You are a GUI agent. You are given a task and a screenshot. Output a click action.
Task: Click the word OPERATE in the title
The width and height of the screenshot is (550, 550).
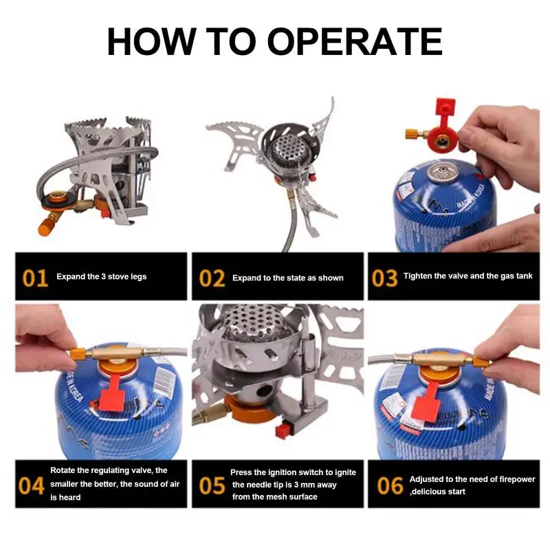point(354,41)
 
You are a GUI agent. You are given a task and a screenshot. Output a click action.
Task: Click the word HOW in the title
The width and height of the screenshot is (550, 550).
point(151,41)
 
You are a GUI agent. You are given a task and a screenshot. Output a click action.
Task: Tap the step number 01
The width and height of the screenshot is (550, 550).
point(35,278)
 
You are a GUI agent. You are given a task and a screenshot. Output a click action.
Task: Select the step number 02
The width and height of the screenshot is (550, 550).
point(212,278)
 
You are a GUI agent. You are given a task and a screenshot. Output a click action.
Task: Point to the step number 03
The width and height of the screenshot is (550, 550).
point(384,278)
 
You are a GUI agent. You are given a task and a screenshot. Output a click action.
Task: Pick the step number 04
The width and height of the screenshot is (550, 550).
point(31,486)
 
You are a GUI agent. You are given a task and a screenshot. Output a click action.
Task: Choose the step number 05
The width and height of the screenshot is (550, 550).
point(212,486)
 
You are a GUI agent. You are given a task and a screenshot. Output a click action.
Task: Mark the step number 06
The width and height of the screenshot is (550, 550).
point(390,486)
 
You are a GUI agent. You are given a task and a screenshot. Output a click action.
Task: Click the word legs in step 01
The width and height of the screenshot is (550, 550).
point(139,277)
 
